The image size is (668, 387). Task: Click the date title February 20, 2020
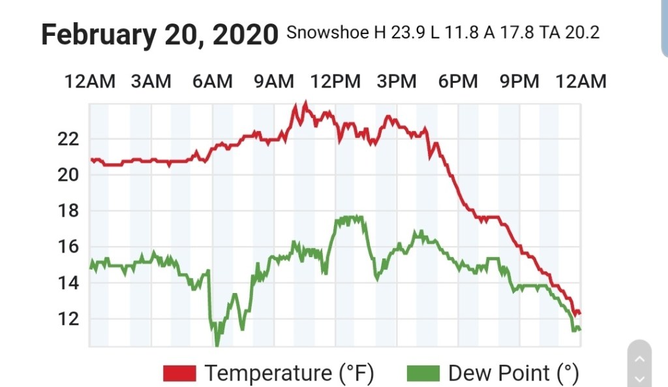coord(160,34)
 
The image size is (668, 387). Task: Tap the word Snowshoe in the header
coord(327,33)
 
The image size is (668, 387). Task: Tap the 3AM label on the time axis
coord(151,82)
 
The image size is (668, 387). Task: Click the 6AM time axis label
coord(212,82)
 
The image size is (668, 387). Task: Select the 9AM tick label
coord(273,82)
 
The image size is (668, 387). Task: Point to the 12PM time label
coord(335,82)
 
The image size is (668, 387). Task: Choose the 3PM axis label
coord(397,82)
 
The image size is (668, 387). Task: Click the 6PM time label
coord(458,82)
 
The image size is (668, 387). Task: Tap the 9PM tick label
coord(519,82)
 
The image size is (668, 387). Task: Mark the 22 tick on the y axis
coord(68,139)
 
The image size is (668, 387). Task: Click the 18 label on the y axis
coord(68,211)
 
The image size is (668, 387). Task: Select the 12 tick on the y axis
coord(68,319)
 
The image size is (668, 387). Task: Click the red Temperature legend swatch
coord(179,373)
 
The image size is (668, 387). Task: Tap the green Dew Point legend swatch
coord(423,373)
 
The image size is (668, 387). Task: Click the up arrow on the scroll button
coord(639,359)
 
